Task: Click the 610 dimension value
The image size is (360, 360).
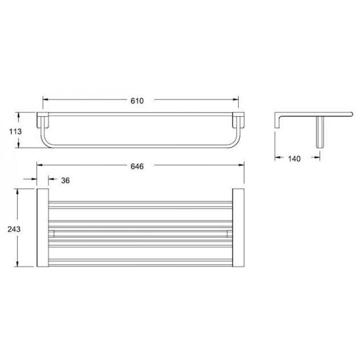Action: click(x=137, y=101)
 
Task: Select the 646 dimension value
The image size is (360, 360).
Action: click(x=137, y=166)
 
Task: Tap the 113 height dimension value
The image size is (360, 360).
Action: click(x=16, y=131)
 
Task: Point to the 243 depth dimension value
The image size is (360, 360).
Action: click(x=14, y=229)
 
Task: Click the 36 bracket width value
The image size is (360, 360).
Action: click(x=65, y=180)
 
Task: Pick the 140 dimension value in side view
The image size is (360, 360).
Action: click(x=294, y=159)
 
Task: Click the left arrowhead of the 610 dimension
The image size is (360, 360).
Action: click(x=45, y=99)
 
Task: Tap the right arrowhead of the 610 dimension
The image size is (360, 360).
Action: click(x=236, y=99)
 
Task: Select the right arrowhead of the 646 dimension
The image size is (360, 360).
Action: click(x=241, y=165)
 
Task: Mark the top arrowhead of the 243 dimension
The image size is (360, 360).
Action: click(x=17, y=192)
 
